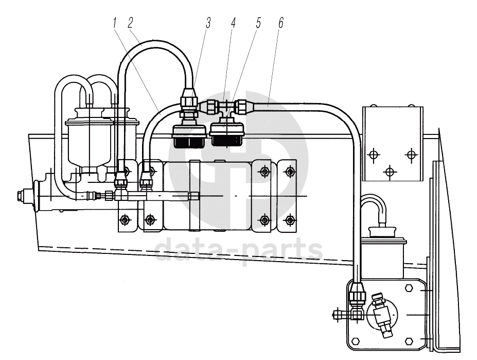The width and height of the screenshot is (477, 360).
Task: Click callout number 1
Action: tap(115, 23)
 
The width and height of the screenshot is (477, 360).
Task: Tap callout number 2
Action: tap(131, 23)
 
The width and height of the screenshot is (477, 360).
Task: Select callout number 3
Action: tap(208, 23)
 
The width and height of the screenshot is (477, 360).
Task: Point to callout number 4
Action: tap(233, 23)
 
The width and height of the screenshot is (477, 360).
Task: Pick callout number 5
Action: tap(258, 23)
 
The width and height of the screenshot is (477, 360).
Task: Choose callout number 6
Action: tap(281, 23)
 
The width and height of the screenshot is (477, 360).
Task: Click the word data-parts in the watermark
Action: tap(239, 250)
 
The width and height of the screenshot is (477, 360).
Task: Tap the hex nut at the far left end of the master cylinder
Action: tap(21, 196)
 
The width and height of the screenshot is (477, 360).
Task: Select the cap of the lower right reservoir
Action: tap(383, 231)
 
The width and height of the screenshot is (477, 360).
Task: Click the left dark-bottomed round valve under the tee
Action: tap(189, 136)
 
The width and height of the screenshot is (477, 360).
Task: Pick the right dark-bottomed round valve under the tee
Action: tap(227, 134)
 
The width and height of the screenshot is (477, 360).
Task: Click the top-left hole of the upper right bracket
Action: tap(373, 155)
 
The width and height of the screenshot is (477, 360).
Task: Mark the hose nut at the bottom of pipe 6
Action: tap(356, 294)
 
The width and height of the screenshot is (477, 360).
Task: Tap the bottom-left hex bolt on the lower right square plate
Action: tap(355, 340)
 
